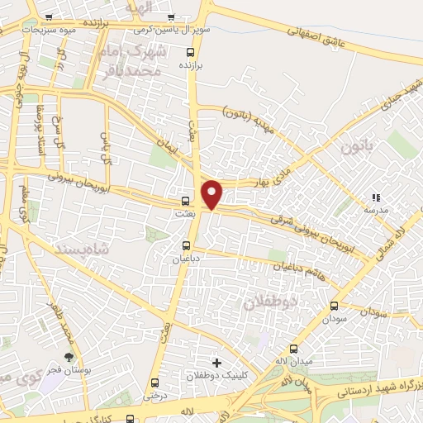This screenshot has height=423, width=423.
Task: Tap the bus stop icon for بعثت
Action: pos(185,200)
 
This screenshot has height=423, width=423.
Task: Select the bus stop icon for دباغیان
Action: pos(187,245)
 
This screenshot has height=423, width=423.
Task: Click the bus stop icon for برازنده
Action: pos(191,51)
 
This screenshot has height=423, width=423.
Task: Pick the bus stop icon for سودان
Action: pos(334,305)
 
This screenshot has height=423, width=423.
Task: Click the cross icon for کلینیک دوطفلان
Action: pos(216,363)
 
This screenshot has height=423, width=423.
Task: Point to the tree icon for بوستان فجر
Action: pos(69,357)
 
